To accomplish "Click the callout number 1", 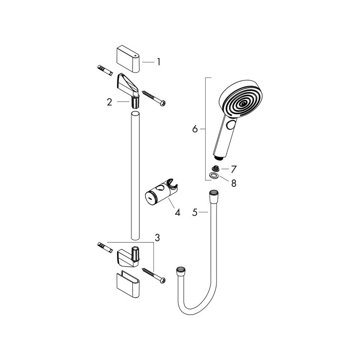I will click(158, 63).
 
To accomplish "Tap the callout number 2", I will click(109, 102).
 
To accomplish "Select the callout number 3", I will click(157, 237).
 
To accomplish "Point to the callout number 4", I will click(177, 212).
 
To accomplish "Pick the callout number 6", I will click(195, 129).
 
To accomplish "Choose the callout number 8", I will click(234, 183).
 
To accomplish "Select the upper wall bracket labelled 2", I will click(129, 87).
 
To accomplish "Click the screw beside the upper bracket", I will click(155, 99).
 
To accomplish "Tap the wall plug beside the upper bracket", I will click(104, 72).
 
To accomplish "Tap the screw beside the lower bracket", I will click(154, 274).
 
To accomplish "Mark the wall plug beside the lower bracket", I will click(104, 248).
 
